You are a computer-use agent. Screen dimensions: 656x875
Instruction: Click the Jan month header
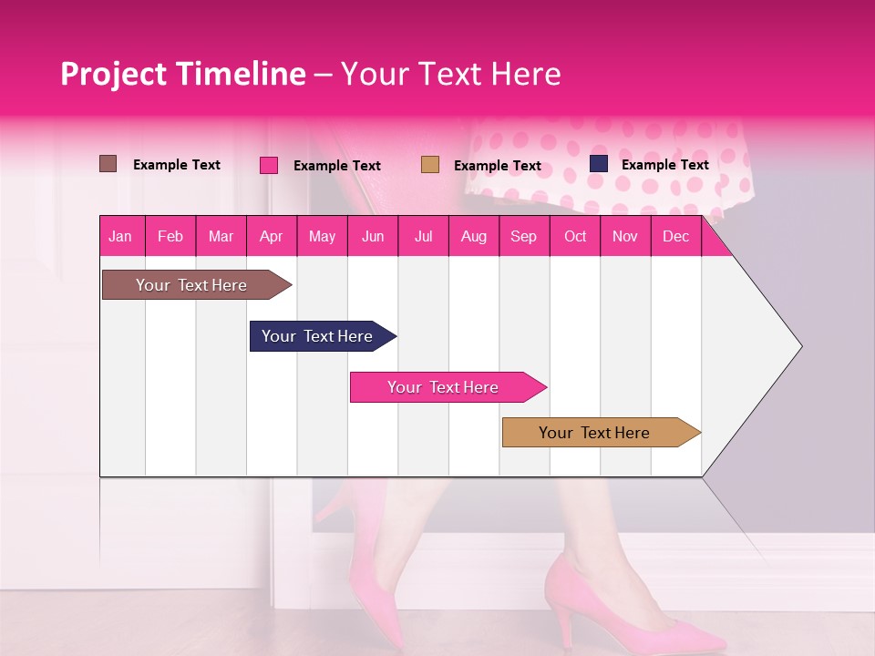[120, 236]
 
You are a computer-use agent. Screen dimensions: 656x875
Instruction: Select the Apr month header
[271, 236]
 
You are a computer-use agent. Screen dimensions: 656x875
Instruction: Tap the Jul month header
[423, 236]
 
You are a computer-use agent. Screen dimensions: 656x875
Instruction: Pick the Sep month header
[523, 236]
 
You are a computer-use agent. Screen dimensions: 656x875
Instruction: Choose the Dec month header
[675, 236]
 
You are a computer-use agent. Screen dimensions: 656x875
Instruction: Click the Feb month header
[170, 236]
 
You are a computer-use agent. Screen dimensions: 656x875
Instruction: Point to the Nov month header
[625, 236]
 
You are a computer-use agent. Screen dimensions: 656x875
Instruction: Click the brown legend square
[108, 164]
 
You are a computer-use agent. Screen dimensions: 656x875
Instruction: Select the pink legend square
[269, 165]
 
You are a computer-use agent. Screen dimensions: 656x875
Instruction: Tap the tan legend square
[430, 165]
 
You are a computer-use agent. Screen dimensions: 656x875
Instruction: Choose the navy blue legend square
[599, 164]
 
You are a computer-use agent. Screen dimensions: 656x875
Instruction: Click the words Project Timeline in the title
[183, 74]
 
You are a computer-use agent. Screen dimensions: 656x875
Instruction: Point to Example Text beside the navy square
[664, 165]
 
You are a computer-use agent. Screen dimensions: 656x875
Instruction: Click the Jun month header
[373, 236]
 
